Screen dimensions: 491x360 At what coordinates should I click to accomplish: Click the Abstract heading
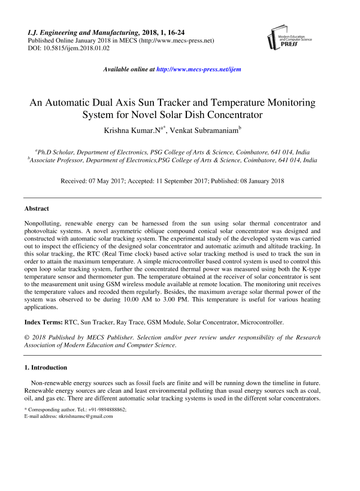tap(37, 209)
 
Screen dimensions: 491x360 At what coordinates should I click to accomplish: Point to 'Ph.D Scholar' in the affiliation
tap(56, 152)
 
